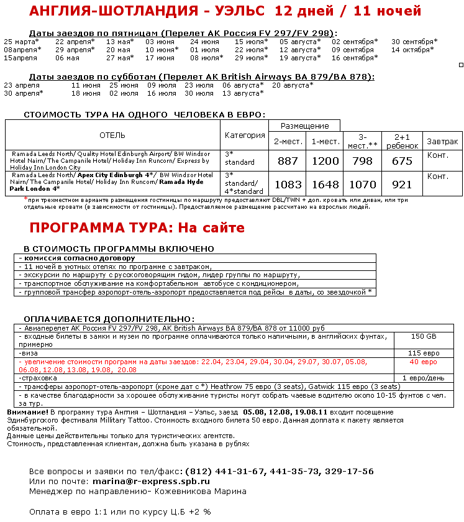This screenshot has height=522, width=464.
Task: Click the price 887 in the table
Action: [288, 161]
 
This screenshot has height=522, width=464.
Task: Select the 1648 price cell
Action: [325, 185]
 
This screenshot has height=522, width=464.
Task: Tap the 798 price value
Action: [363, 161]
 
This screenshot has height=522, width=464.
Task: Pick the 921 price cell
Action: [402, 185]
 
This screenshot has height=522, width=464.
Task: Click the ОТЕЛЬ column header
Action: [112, 135]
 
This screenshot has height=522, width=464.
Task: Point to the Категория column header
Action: [245, 135]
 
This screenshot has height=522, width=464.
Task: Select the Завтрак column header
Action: [442, 141]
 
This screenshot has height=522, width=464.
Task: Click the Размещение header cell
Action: [305, 126]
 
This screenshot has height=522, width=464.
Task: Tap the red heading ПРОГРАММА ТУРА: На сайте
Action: [137, 227]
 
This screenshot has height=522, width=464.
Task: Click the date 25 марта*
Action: [22, 42]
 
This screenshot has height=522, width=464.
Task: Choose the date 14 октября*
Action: [412, 50]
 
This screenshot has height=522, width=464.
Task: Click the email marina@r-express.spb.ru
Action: [151, 481]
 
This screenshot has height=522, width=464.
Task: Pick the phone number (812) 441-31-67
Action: [221, 472]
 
